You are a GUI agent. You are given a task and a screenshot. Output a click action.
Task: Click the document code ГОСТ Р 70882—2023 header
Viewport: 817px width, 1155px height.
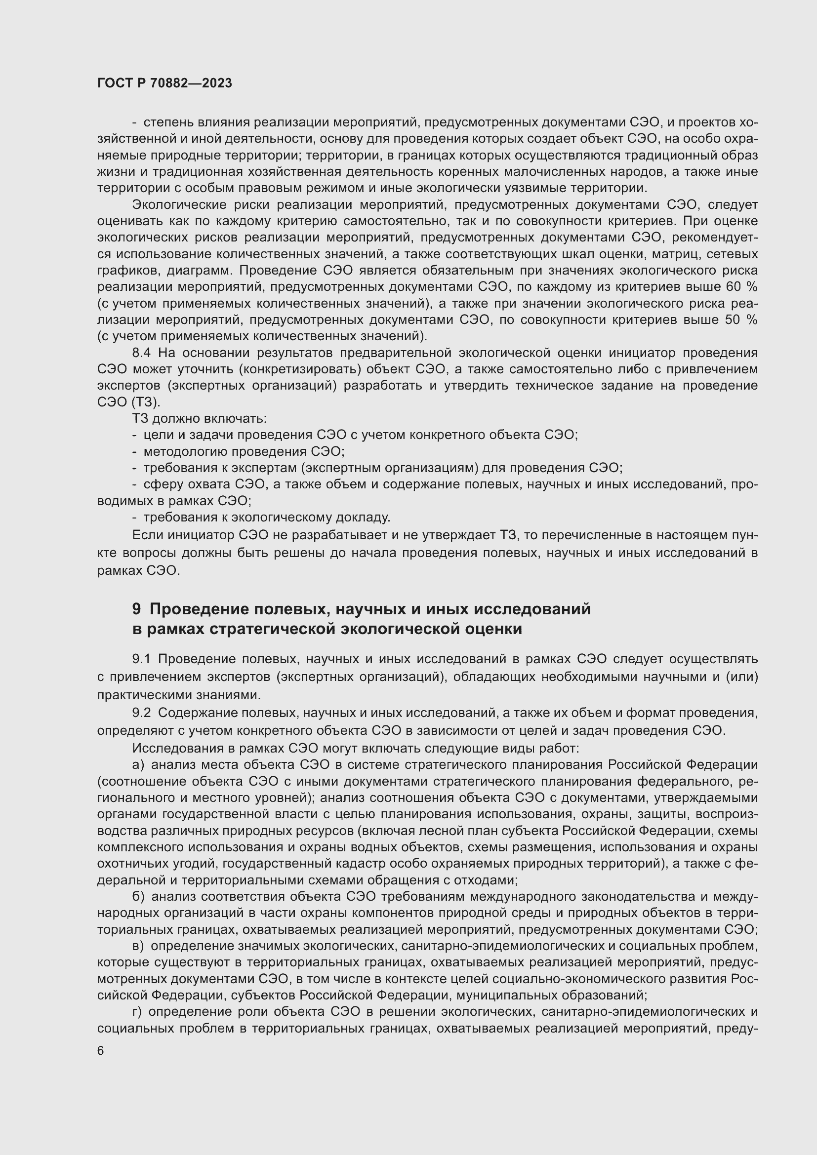(164, 83)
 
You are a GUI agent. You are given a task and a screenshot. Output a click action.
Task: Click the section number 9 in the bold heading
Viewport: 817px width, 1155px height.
(136, 609)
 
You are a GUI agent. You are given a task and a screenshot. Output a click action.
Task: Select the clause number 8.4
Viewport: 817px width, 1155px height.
(142, 353)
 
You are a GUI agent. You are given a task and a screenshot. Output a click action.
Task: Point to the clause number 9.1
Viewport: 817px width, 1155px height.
(141, 659)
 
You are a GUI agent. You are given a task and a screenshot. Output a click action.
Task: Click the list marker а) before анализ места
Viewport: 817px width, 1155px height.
(138, 765)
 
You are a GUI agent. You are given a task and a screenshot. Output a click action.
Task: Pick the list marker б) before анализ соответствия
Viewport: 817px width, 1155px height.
(138, 896)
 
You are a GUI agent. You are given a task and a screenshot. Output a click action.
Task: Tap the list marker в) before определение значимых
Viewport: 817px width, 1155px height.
(138, 946)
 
